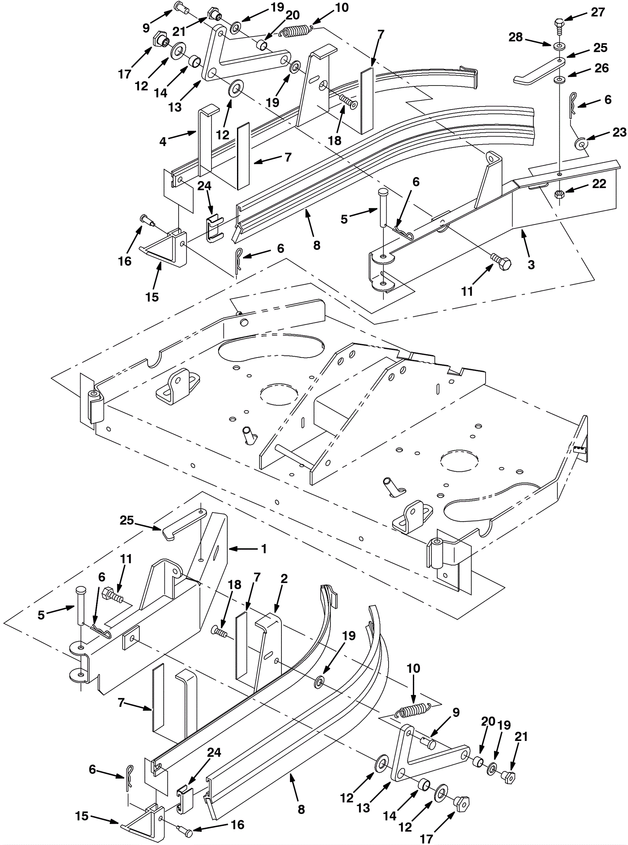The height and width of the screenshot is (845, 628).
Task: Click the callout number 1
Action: tap(264, 549)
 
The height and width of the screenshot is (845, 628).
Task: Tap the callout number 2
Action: tap(284, 579)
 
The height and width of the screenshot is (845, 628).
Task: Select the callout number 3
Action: tap(531, 265)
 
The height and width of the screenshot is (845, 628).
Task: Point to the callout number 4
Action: tap(163, 142)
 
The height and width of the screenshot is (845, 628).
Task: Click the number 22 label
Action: tap(599, 184)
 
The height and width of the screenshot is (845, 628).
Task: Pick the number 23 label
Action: tap(619, 132)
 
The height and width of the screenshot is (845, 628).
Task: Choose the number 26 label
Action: tap(601, 68)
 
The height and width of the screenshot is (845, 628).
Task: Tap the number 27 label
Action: tap(598, 12)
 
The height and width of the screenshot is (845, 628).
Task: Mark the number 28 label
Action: tap(516, 37)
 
